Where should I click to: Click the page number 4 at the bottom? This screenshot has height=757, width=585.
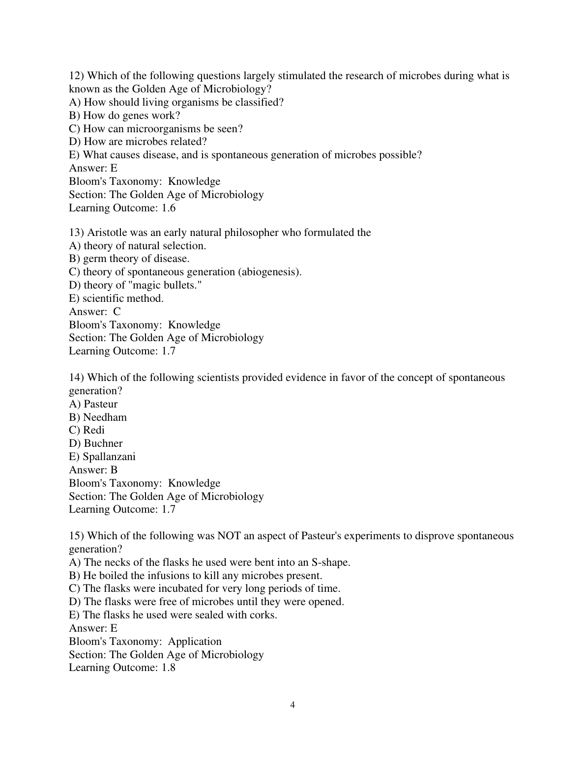tap(292, 705)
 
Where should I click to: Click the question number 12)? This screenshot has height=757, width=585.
tap(77, 76)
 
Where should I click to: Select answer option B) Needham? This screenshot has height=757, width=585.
tap(98, 417)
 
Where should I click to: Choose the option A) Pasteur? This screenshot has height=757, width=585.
tap(93, 404)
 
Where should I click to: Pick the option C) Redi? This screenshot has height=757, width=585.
tap(87, 430)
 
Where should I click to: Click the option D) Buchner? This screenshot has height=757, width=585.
tap(96, 443)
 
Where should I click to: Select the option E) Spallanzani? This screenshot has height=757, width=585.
tap(102, 457)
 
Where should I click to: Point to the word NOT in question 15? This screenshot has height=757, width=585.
tap(229, 536)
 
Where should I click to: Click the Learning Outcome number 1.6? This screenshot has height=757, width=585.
tap(169, 208)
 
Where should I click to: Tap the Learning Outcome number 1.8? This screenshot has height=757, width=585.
tap(169, 668)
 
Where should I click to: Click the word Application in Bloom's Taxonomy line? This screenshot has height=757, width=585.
tap(195, 641)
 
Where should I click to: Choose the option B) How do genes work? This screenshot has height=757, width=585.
tap(125, 116)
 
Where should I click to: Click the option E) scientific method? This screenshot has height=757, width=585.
tap(117, 298)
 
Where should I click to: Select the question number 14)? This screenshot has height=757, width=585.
tap(77, 378)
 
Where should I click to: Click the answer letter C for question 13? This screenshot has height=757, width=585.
tap(117, 312)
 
